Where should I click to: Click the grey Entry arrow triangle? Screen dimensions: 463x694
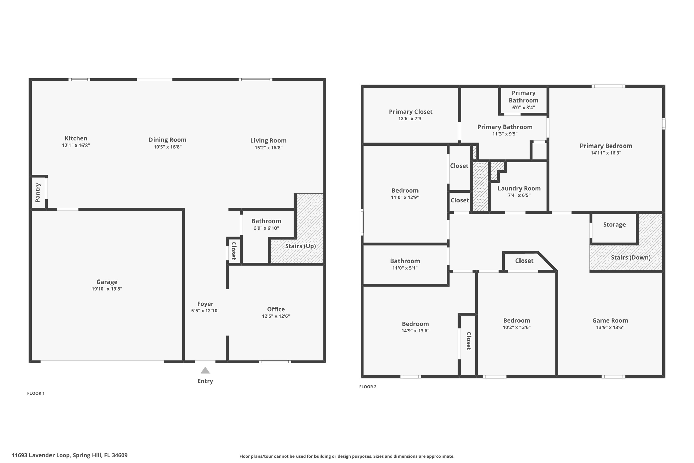[x=205, y=370]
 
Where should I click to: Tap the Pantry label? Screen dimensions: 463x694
[x=38, y=192]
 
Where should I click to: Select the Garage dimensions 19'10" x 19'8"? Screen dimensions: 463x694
[x=107, y=289]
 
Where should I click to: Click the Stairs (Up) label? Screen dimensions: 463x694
[x=300, y=246]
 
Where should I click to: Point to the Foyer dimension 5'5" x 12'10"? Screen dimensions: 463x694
[x=205, y=311]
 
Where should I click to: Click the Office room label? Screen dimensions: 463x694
[x=276, y=309]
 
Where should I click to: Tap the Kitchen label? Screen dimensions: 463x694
[x=76, y=138]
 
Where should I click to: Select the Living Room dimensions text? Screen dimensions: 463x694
[x=268, y=148]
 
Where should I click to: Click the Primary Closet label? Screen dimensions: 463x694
[x=410, y=112]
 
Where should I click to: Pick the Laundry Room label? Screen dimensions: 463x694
[x=519, y=188]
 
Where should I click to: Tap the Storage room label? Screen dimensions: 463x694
[x=614, y=224]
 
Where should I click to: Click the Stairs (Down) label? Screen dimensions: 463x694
[x=630, y=257]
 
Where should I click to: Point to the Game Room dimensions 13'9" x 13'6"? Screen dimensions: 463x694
[x=610, y=327]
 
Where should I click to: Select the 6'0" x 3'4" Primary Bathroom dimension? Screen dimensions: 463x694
[x=523, y=108]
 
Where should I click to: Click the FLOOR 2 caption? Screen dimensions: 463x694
[x=368, y=387]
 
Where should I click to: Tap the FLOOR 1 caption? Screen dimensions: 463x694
[x=36, y=393]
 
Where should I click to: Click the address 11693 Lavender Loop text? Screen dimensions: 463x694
[x=69, y=455]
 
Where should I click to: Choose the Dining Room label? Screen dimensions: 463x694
[x=167, y=139]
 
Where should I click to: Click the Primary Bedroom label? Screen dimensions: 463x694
[x=606, y=146]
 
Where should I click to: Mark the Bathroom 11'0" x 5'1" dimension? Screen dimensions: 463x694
[x=405, y=268]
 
